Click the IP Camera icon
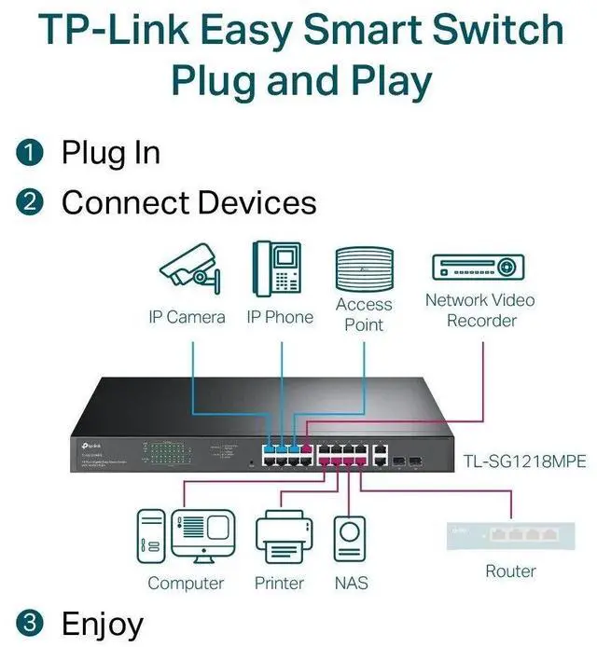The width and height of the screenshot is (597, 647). [x=192, y=268]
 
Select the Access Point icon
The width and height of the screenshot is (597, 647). [x=364, y=268]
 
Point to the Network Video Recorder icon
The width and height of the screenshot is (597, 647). [x=479, y=268]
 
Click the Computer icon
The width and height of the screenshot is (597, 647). [x=186, y=537]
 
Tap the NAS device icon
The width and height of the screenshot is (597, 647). [x=350, y=540]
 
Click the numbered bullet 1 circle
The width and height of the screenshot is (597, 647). [x=34, y=152]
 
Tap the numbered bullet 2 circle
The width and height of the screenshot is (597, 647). [x=34, y=202]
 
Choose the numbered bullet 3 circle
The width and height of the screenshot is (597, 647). [x=34, y=623]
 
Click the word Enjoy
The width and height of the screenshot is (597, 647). [x=103, y=623]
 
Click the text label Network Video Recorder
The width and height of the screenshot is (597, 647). [x=479, y=310]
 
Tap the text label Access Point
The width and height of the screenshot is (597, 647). [x=364, y=314]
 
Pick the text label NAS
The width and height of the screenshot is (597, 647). [x=350, y=583]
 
